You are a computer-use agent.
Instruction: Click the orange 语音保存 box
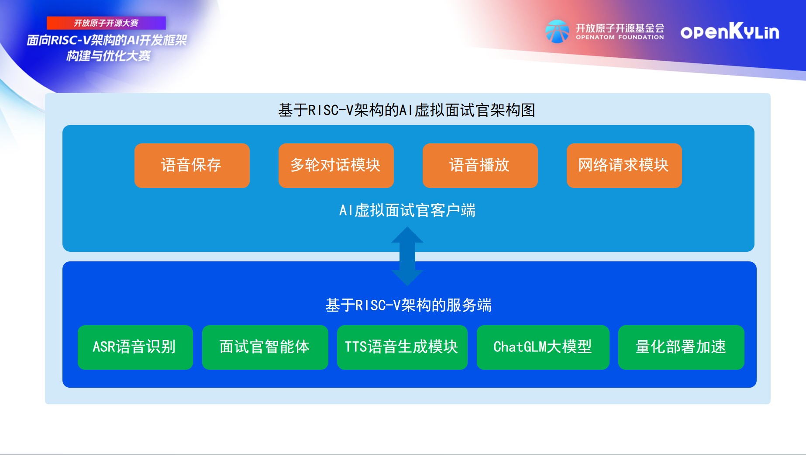pos(192,166)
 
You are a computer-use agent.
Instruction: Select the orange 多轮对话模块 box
pos(336,166)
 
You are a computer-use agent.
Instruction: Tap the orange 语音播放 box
pos(480,166)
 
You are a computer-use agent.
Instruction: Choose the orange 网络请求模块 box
pos(624,166)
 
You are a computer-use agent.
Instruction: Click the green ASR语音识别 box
pos(135,347)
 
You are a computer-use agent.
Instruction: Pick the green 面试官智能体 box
pos(265,347)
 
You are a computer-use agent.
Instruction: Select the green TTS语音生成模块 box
pos(402,347)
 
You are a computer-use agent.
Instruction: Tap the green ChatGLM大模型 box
pos(543,347)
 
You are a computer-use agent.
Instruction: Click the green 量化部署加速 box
pos(681,347)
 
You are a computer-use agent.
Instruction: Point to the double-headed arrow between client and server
pos(407,257)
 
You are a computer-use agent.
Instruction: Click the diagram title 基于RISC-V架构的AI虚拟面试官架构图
pos(407,110)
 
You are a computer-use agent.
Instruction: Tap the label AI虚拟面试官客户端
pos(407,210)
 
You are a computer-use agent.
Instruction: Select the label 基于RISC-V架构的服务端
pos(409,305)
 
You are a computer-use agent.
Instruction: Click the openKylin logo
pos(730,31)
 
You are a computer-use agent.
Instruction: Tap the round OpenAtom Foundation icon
pos(557,31)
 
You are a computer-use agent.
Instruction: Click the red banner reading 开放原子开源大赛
pos(106,23)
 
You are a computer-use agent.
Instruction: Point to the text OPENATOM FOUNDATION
pos(620,38)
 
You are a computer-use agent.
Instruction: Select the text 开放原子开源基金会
pos(620,28)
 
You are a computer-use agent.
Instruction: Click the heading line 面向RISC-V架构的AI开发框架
pos(107,40)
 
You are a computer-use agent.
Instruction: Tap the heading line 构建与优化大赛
pos(108,56)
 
